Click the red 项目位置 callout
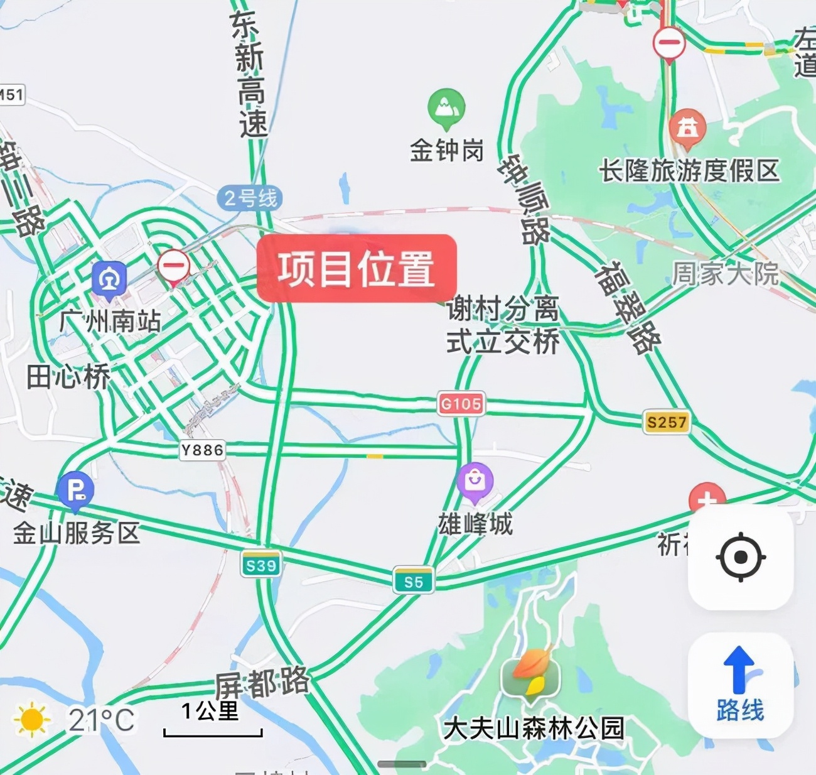coord(357,268)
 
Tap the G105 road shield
coord(461,404)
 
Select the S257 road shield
coord(666,422)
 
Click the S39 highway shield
coord(260,565)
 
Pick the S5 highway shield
coord(413,582)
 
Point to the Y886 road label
coord(202,450)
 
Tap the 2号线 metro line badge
coord(250,198)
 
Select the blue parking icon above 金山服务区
coord(75,490)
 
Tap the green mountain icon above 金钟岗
coord(446,107)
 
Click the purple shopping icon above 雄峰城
coord(475,482)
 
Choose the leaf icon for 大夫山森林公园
coord(531,675)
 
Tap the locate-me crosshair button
coord(741,557)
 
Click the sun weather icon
coord(31,720)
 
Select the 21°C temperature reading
coord(101,720)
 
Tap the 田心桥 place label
coord(68,377)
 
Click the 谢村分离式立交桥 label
coord(502,325)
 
